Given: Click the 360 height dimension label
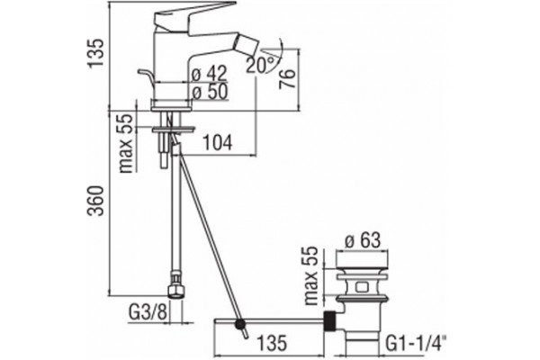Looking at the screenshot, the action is click(95, 201).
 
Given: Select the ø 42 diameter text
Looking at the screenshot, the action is click(210, 73).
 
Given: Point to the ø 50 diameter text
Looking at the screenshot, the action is click(210, 92).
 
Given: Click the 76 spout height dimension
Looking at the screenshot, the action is click(287, 78).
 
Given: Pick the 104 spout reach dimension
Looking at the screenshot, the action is click(216, 142).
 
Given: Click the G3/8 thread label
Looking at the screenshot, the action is click(148, 313).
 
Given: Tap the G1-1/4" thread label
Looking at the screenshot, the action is click(416, 344).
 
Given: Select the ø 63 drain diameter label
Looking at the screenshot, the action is click(363, 239).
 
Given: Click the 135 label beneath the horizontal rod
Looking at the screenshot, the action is click(272, 343).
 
